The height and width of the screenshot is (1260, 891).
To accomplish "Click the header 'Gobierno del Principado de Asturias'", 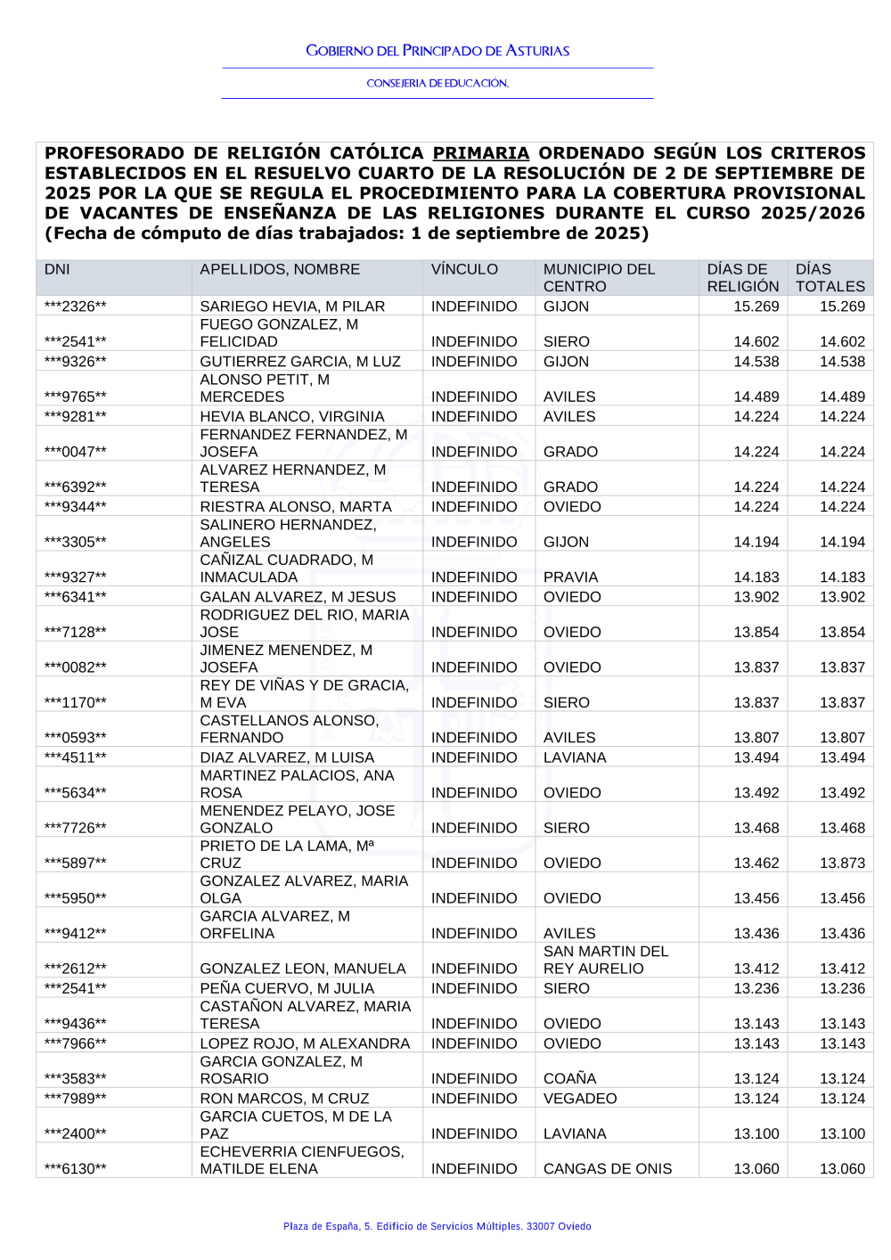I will (x=437, y=51).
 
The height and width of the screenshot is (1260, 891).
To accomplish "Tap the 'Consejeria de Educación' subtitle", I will (x=437, y=83).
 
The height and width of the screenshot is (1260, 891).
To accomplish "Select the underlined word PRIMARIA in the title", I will (x=481, y=153).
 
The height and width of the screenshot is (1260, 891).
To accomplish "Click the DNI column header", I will (x=57, y=269).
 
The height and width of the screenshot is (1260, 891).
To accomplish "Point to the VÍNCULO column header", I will (x=464, y=269).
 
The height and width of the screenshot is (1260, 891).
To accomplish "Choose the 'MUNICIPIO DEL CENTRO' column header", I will (x=599, y=277).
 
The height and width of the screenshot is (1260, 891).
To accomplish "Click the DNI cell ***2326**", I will (x=75, y=307).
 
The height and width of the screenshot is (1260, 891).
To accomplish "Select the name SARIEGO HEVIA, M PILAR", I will (x=292, y=307).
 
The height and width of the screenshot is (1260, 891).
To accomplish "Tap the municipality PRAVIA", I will (x=570, y=577).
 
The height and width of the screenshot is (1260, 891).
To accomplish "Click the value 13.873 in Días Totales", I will (x=842, y=863).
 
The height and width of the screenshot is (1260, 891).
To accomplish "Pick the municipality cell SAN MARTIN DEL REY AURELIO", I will (x=606, y=960).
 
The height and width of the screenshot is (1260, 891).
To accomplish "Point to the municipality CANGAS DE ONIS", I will (x=608, y=1169).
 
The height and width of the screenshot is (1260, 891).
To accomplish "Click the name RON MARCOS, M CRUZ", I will (x=284, y=1099).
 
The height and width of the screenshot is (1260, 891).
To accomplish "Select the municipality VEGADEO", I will (x=580, y=1099).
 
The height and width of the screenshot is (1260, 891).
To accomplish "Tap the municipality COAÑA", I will (x=569, y=1079).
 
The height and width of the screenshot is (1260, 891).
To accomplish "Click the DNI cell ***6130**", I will (x=75, y=1169).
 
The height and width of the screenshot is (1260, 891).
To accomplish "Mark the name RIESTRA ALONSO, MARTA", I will (x=296, y=507).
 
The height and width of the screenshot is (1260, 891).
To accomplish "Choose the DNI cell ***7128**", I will (x=75, y=633).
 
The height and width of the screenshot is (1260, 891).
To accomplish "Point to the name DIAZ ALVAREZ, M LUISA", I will (x=287, y=757).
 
